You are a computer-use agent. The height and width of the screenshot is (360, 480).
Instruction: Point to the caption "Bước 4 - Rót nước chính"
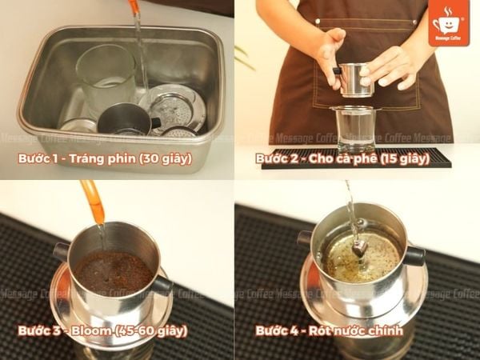(x=329, y=329)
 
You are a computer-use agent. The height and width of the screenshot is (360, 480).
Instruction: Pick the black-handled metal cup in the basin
(x=126, y=120)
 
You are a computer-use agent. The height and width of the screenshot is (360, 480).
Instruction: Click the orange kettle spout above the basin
(x=134, y=7)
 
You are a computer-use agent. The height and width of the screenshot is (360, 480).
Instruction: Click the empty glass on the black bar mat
(x=357, y=128)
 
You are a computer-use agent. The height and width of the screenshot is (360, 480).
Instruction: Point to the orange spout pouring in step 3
(x=92, y=200)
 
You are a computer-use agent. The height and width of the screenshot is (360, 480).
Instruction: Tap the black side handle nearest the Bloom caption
(x=161, y=284)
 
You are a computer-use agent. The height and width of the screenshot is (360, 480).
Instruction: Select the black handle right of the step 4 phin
(x=414, y=256)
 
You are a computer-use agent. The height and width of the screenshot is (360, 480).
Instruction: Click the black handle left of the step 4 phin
(x=304, y=238)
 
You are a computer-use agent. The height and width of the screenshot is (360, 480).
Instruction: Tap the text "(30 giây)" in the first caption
(x=165, y=158)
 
